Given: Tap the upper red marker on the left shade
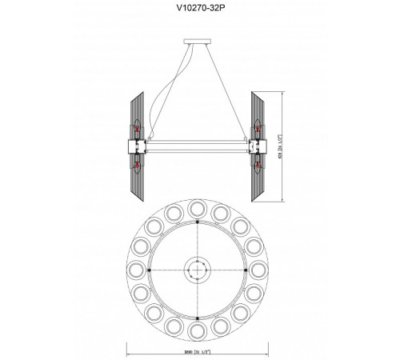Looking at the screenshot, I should tap(137, 129).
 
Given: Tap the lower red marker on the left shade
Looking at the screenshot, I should tap(137, 165).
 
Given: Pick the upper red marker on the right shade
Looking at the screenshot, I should tap(257, 129).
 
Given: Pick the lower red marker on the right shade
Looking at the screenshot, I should tap(257, 165).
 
